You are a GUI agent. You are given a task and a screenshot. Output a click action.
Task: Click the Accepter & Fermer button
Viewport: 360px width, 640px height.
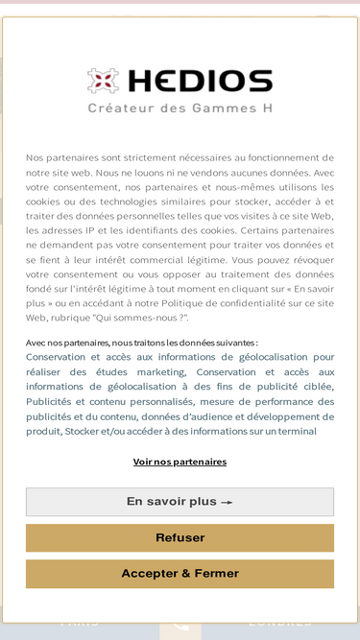pos(180,574)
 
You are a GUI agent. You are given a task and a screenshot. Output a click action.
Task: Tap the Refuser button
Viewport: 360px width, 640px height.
pos(180,538)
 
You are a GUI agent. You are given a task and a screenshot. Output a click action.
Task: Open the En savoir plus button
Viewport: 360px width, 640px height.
pos(180,502)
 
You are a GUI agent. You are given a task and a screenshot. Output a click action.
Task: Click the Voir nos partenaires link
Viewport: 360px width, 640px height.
pos(180,462)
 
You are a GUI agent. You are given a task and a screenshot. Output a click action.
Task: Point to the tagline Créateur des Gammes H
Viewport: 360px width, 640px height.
pos(180,108)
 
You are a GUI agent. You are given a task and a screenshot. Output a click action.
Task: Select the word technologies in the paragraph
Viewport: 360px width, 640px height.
pos(108,201)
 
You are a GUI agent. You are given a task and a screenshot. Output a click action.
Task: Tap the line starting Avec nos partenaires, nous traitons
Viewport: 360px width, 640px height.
pos(141,343)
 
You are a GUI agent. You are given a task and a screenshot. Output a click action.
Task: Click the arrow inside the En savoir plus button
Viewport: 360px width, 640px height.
pos(227,503)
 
